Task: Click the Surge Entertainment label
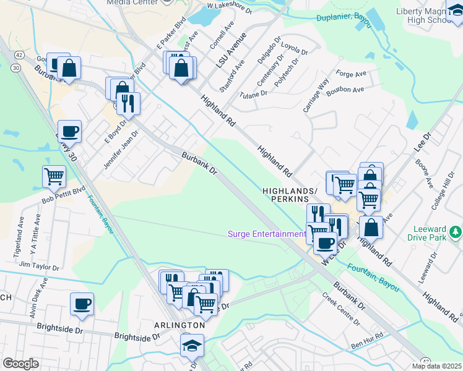[266, 234]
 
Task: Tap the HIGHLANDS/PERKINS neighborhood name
[294, 194]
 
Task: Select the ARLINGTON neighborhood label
[180, 325]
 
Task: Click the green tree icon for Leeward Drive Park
[456, 232]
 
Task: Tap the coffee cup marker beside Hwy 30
[69, 132]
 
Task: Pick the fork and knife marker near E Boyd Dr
[128, 104]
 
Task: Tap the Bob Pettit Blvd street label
[63, 195]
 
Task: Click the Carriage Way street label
[316, 94]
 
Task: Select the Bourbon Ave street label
[345, 90]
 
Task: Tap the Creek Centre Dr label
[340, 309]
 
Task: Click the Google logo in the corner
[20, 364]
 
